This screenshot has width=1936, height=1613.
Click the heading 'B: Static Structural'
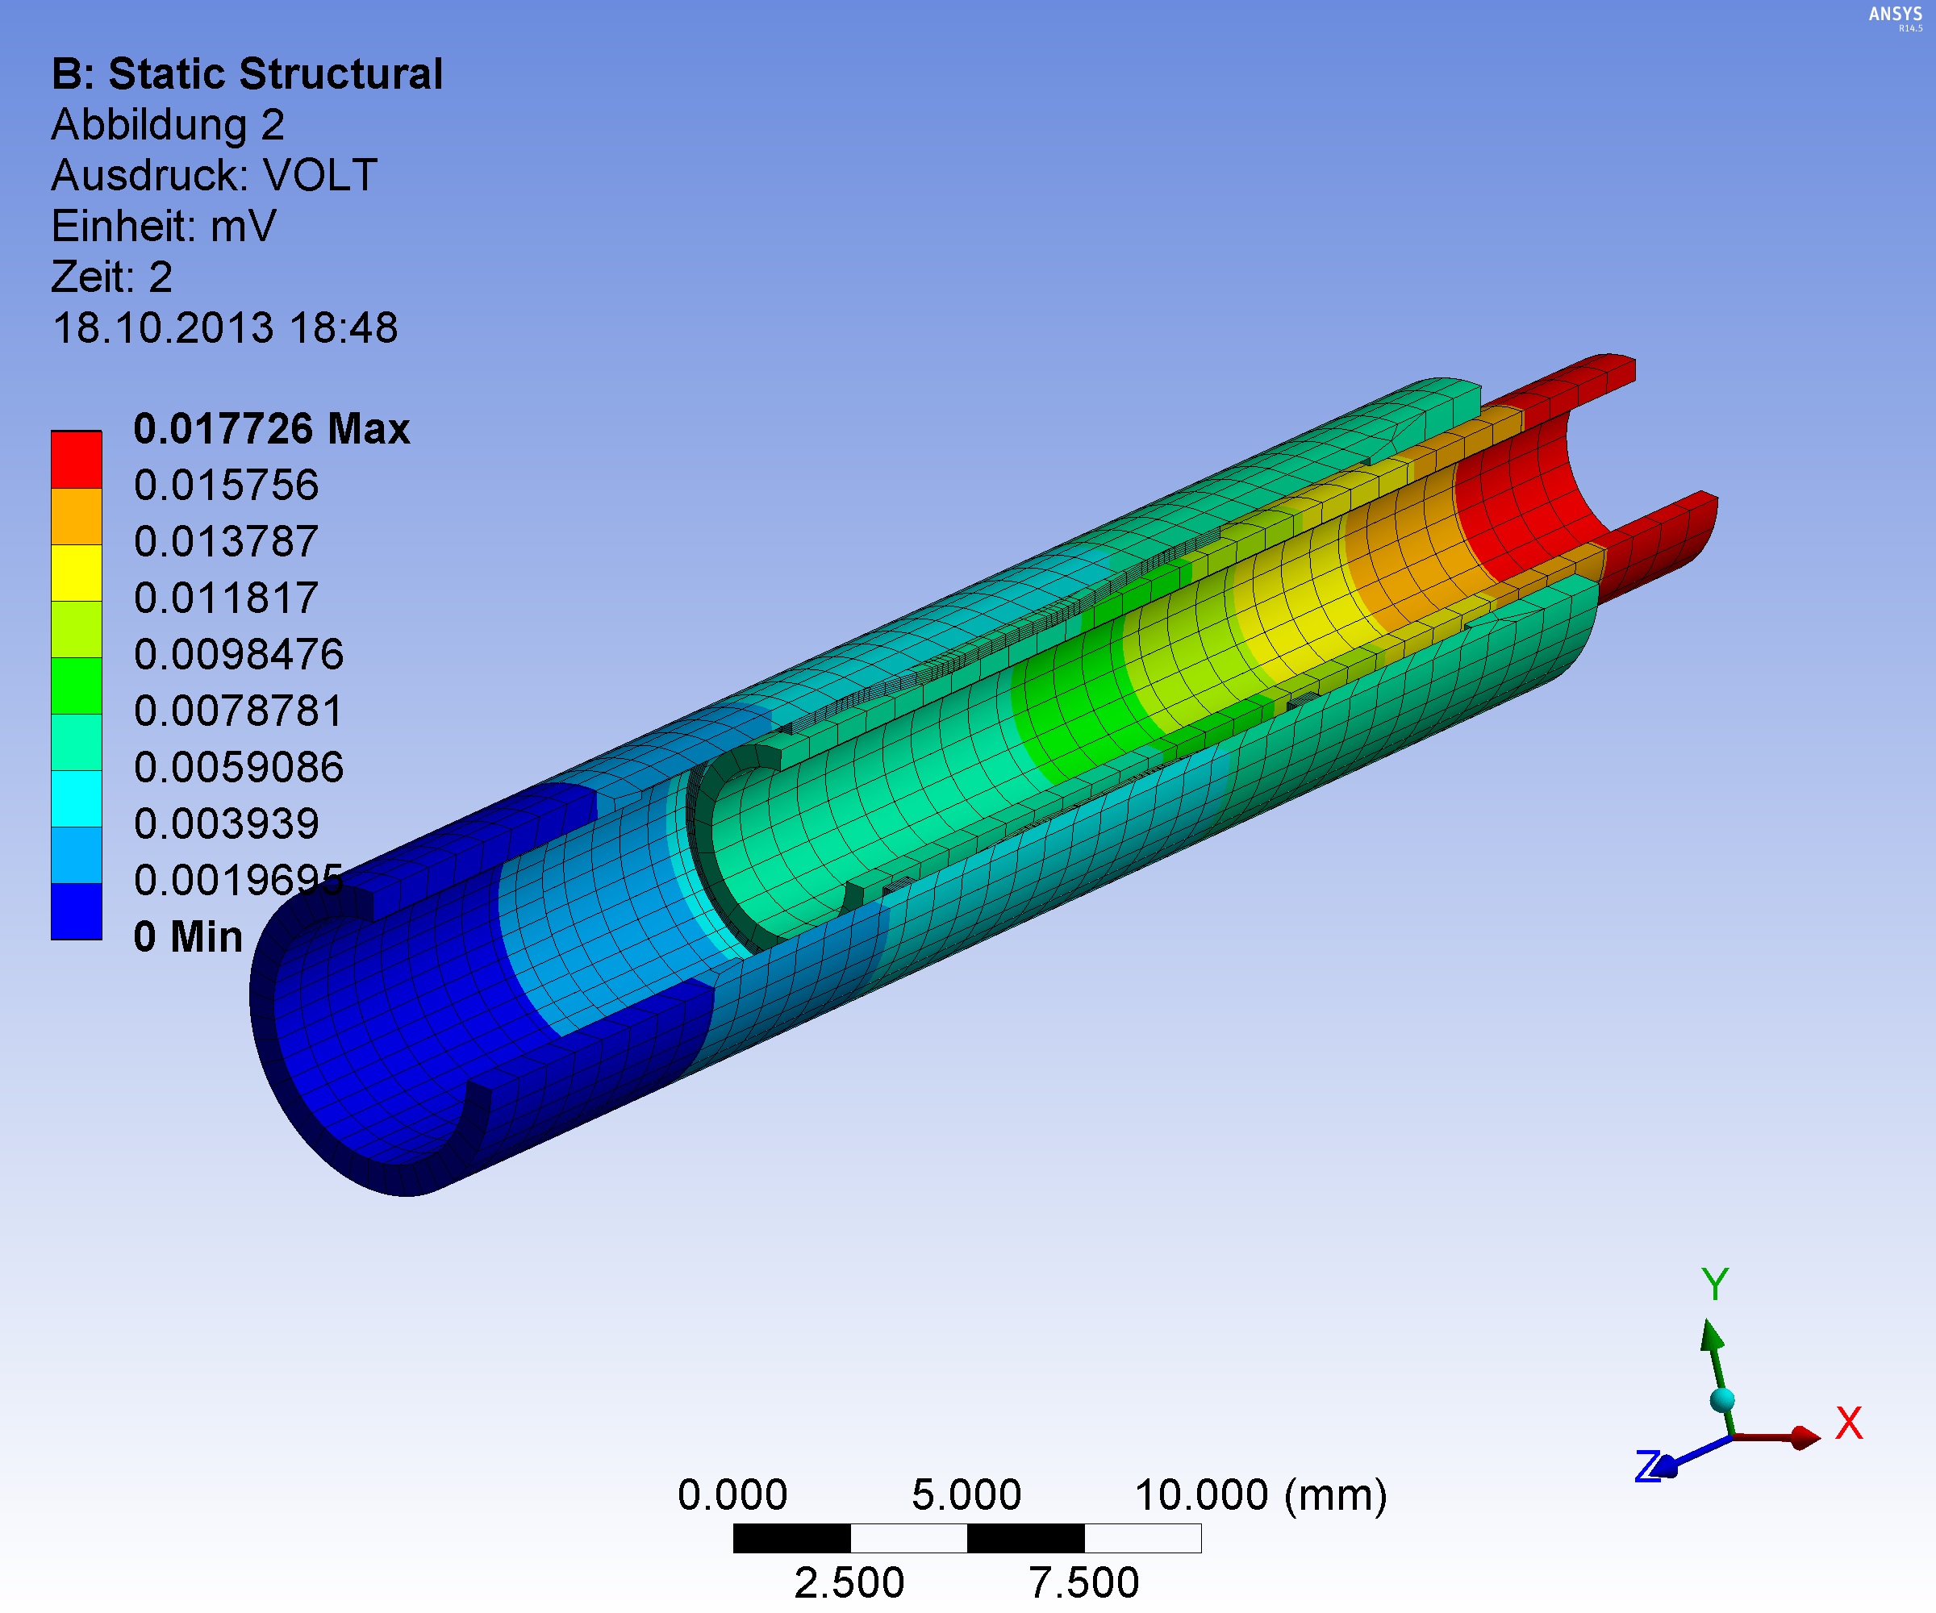(247, 73)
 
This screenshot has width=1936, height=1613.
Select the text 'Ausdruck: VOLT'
(214, 175)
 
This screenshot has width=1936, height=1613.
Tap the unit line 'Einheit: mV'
(163, 226)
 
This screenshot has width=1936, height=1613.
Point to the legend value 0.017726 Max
(272, 428)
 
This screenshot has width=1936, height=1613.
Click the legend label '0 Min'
(188, 936)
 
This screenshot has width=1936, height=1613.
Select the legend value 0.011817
(227, 598)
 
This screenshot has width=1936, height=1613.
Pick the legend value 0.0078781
(239, 711)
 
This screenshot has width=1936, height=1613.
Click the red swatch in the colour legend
(77, 459)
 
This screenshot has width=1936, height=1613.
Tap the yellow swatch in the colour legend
(77, 573)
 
